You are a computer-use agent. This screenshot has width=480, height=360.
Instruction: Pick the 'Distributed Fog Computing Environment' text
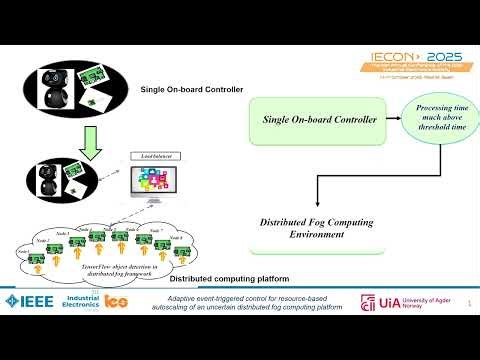(302, 228)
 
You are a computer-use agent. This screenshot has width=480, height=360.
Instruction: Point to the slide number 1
(470, 318)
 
